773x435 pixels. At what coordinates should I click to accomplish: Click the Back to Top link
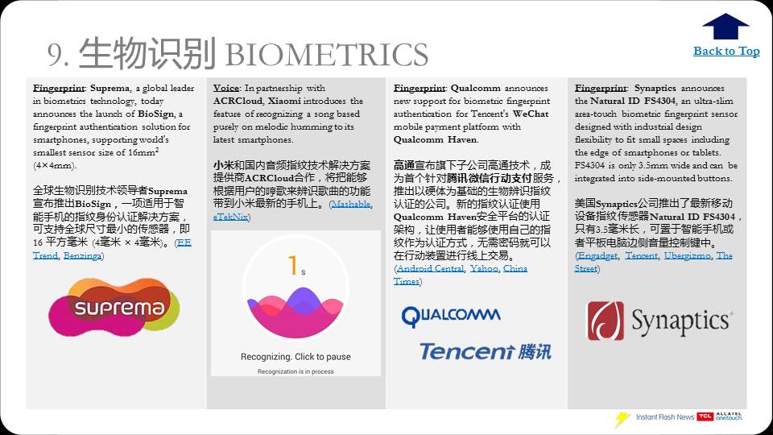click(x=726, y=52)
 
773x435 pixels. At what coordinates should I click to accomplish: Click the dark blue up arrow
click(x=725, y=27)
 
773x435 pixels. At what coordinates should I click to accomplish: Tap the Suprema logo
click(x=114, y=308)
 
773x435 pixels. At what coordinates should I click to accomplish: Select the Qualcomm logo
click(x=451, y=316)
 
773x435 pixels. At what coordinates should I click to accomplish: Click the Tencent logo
click(x=485, y=351)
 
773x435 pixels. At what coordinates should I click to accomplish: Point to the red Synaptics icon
click(x=605, y=321)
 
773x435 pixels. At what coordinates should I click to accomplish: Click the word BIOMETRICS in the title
click(x=327, y=55)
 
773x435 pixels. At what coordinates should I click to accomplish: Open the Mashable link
click(x=352, y=204)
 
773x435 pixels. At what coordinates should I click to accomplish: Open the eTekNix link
click(x=231, y=217)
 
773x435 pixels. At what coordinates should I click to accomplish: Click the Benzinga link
click(x=82, y=255)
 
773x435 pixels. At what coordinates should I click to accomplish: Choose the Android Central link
click(x=430, y=268)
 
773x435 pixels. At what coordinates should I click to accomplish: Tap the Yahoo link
click(x=484, y=268)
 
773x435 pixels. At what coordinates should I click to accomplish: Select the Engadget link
click(x=597, y=255)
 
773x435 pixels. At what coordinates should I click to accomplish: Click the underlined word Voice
click(x=225, y=88)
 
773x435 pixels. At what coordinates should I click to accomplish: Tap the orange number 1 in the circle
click(x=293, y=265)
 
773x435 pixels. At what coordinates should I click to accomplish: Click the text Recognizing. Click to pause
click(x=296, y=357)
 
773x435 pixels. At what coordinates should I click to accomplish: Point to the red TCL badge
click(x=705, y=416)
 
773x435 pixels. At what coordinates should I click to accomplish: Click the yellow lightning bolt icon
click(x=622, y=419)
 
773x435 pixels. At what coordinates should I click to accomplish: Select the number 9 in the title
click(x=54, y=55)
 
